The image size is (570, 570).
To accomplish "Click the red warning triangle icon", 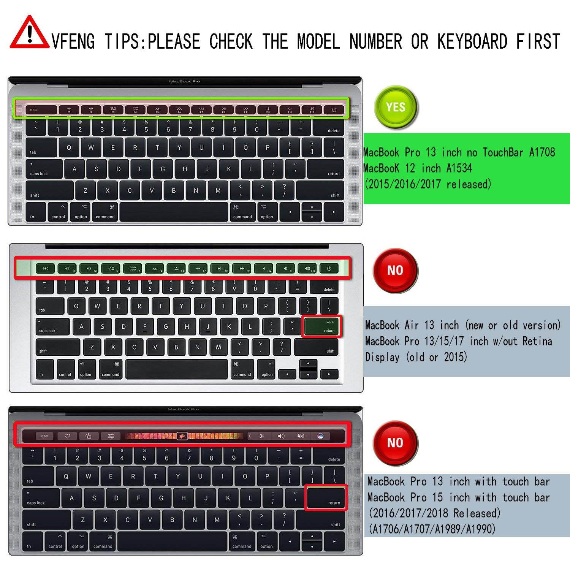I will [x=29, y=33].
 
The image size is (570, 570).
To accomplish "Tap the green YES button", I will [x=396, y=107].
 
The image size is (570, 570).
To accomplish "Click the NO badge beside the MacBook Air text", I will [x=395, y=270].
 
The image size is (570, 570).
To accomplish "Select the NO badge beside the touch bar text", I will [x=395, y=443].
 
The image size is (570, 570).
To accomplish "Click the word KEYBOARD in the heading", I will [x=472, y=41].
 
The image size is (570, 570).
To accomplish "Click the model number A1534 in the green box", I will [x=459, y=168].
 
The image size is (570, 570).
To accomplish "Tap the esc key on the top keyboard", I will [x=41, y=110].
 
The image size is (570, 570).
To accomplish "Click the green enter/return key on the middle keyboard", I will [x=321, y=326].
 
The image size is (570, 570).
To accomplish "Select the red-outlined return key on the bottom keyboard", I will [x=326, y=497].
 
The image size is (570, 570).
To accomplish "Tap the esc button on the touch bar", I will [x=45, y=436].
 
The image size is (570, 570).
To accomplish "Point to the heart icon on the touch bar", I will [x=67, y=436].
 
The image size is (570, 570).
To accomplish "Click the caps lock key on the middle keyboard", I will [x=52, y=326].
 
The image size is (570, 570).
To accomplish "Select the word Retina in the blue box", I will [x=537, y=341].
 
